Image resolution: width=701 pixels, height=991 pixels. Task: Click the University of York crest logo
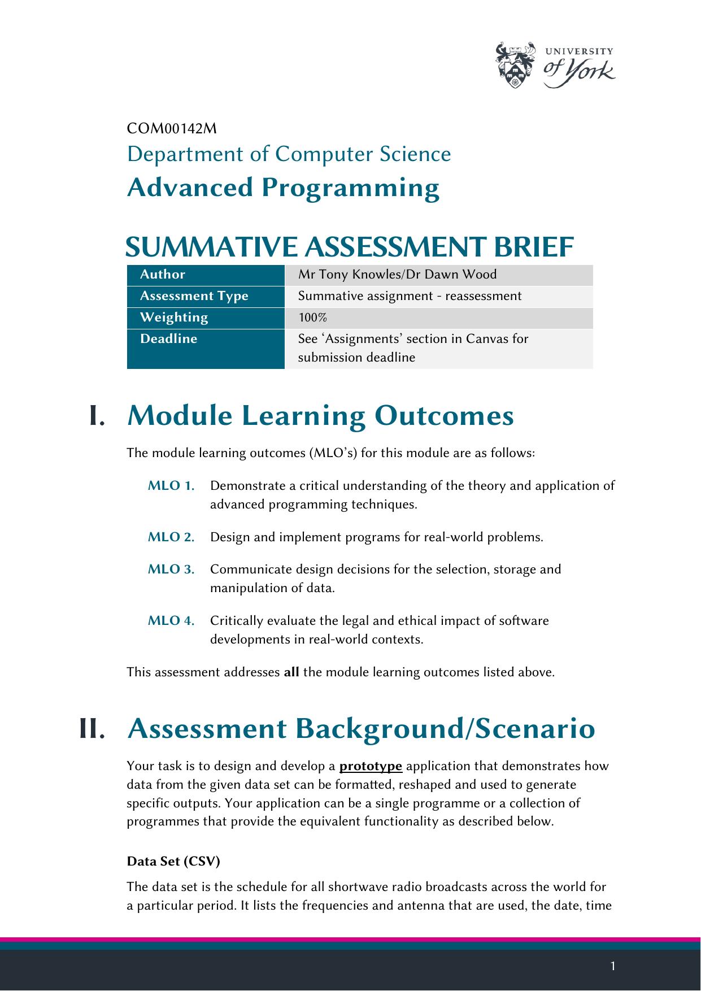515,65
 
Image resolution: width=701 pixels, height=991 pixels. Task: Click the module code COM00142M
172,129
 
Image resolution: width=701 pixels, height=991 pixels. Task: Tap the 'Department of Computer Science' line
289,154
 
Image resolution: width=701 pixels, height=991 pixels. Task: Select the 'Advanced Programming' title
283,188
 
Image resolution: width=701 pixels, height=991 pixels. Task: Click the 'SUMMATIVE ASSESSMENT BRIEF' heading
349,247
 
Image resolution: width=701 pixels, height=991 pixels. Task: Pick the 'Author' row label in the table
163,275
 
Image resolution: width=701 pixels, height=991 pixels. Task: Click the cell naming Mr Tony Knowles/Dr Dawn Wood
397,275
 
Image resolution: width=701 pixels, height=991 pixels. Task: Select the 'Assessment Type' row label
194,296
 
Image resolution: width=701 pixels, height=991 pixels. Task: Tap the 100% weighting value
308,318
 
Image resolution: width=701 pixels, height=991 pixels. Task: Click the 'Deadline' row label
168,339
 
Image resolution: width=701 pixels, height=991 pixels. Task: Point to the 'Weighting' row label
174,318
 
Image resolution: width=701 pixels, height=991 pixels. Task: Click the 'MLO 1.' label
171,486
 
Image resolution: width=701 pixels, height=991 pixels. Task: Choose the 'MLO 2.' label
171,537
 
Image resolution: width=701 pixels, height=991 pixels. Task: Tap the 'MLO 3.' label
171,570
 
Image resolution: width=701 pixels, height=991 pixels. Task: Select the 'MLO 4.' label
171,621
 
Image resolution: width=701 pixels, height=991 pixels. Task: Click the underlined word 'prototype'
371,767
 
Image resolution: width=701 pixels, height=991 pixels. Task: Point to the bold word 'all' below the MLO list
291,672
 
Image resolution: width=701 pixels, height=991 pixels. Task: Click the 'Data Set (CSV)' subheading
173,862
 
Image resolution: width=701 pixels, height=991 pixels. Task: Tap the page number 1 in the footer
613,966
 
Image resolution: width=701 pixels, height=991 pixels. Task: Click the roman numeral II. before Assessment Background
92,729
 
